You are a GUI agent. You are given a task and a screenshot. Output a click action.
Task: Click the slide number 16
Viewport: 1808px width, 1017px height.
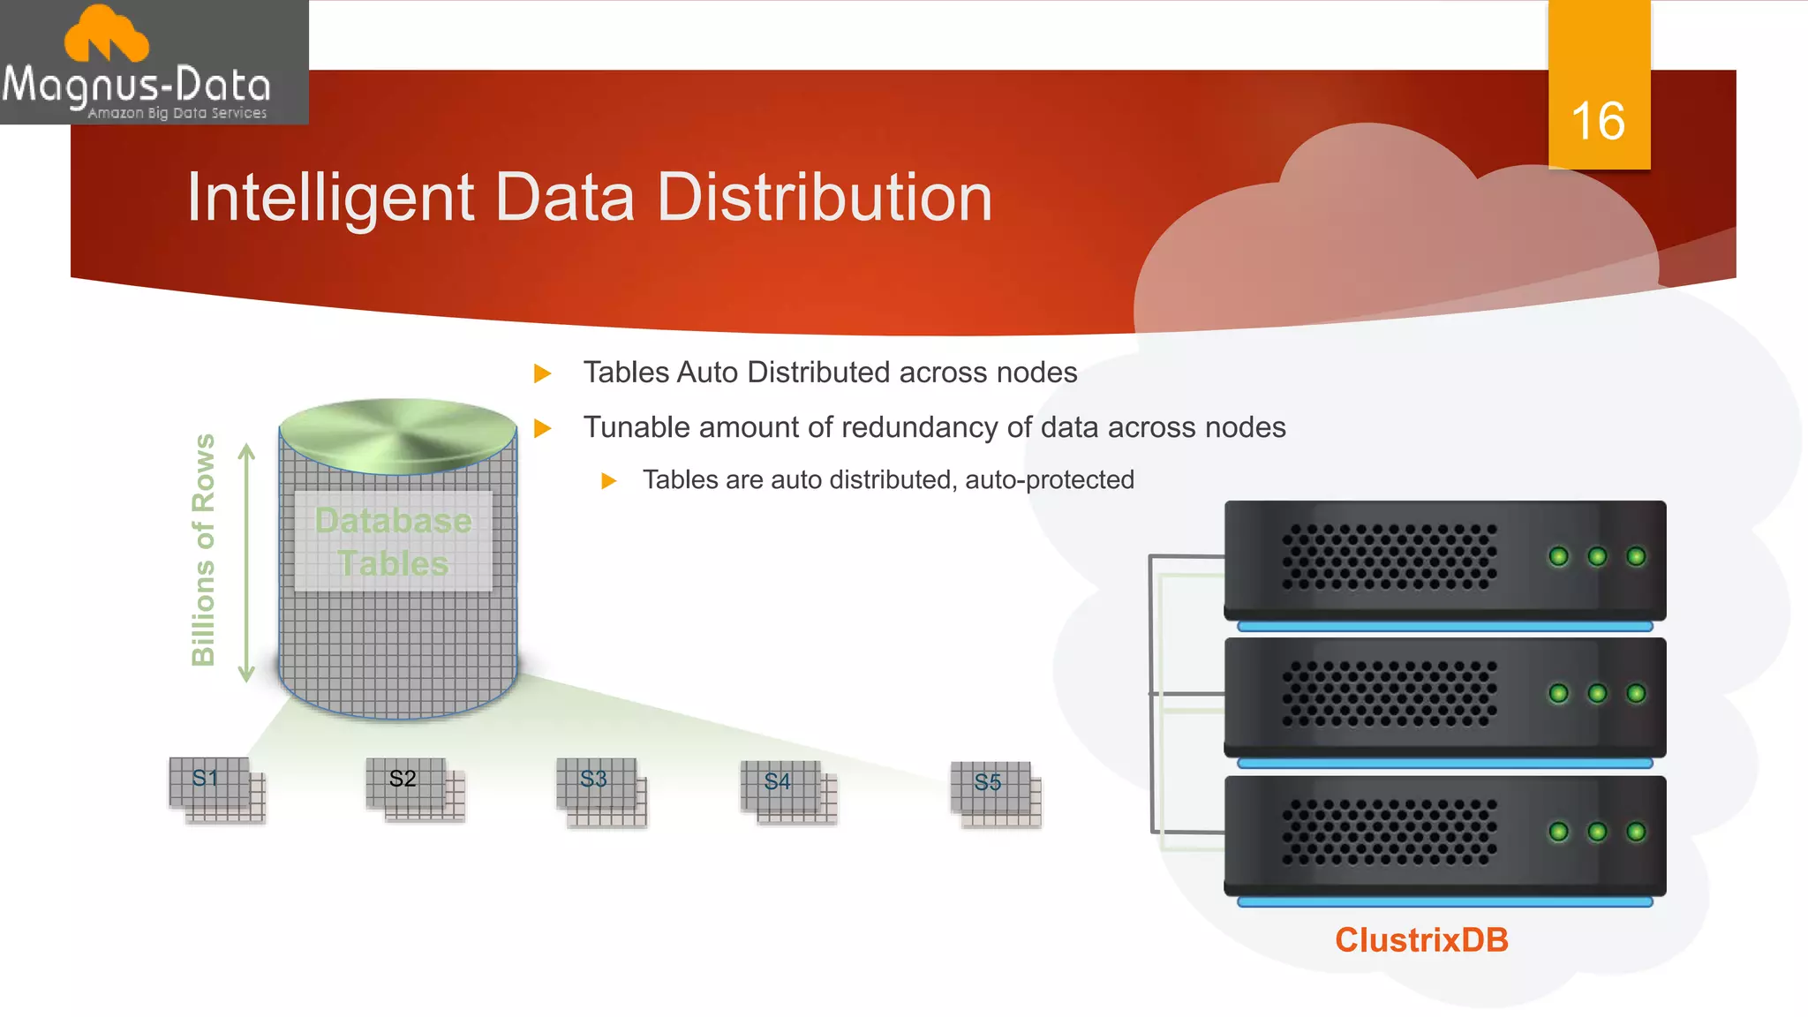1598,121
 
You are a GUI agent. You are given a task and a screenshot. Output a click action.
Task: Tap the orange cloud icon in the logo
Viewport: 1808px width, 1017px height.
107,35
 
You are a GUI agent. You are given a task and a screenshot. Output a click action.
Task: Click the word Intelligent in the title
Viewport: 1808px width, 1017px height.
330,198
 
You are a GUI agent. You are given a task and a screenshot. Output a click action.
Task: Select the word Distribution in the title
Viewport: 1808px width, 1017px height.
825,198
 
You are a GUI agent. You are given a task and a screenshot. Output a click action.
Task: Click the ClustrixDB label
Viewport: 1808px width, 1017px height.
1421,940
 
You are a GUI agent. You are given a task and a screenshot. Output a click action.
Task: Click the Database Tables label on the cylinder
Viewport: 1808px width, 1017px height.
393,541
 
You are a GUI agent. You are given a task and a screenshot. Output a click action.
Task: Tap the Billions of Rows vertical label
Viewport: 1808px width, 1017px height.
203,549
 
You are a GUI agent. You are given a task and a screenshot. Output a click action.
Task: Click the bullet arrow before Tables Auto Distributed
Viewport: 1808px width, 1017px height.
543,373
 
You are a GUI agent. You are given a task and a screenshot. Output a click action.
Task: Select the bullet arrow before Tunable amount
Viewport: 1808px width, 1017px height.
543,428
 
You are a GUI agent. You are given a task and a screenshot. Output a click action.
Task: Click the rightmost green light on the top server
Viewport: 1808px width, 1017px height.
1636,556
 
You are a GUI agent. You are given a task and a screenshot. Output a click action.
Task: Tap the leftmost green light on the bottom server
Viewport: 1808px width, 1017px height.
1559,832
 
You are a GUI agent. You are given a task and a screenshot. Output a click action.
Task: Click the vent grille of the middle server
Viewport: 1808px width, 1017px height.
1389,694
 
